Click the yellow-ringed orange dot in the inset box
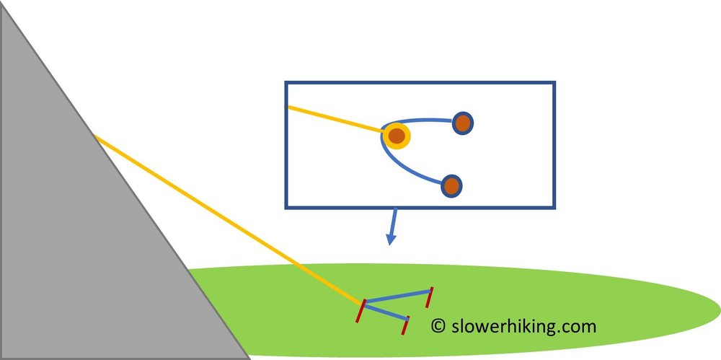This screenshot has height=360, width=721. pyautogui.click(x=396, y=136)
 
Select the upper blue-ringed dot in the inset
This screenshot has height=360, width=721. pyautogui.click(x=463, y=123)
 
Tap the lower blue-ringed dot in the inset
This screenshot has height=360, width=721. pyautogui.click(x=451, y=186)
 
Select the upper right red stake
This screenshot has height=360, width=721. pyautogui.click(x=430, y=297)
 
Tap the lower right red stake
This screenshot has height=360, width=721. pyautogui.click(x=406, y=325)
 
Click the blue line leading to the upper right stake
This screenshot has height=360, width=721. pyautogui.click(x=397, y=298)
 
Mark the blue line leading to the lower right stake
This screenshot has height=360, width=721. pyautogui.click(x=386, y=312)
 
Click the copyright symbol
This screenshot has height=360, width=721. pyautogui.click(x=438, y=326)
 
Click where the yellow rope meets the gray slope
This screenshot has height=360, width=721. pyautogui.click(x=95, y=136)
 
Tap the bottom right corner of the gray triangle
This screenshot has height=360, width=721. pyautogui.click(x=249, y=358)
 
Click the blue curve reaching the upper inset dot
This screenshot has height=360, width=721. pyautogui.click(x=422, y=119)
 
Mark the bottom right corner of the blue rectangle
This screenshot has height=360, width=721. pyautogui.click(x=555, y=208)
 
